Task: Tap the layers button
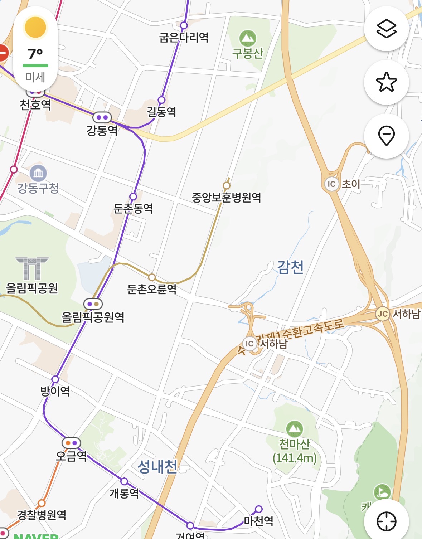tap(386, 28)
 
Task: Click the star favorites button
tap(386, 82)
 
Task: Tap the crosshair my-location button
tap(386, 521)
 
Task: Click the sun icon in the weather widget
tap(35, 27)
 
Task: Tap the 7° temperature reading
tap(35, 54)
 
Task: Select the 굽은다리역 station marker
tap(184, 25)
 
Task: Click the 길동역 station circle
tap(161, 100)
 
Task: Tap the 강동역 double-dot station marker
tap(102, 117)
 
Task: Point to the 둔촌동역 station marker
tap(133, 196)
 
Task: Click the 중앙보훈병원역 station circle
tap(226, 185)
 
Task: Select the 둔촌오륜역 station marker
tap(152, 277)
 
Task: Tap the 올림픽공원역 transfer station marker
tap(93, 304)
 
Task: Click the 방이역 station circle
tap(55, 379)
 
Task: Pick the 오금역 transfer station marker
tap(71, 443)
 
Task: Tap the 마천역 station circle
tap(259, 509)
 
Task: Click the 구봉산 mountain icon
tap(248, 38)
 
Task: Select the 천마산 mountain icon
tap(295, 428)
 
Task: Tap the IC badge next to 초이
tap(331, 184)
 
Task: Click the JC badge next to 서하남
tap(383, 314)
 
